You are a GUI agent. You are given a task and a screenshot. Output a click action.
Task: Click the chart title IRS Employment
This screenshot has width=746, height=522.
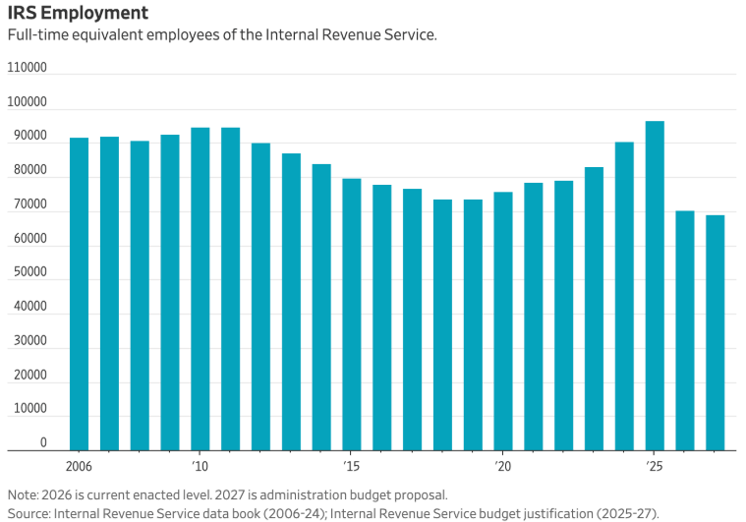click(x=79, y=13)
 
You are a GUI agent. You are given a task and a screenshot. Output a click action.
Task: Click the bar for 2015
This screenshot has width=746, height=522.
click(x=352, y=314)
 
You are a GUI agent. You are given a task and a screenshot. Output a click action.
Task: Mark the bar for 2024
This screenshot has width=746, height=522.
click(x=624, y=296)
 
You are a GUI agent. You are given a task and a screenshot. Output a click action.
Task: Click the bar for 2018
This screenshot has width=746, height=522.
click(x=442, y=324)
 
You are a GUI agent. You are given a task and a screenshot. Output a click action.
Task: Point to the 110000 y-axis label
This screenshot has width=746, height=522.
click(x=28, y=68)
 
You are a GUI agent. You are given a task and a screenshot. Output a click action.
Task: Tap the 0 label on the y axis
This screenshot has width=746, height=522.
click(x=43, y=443)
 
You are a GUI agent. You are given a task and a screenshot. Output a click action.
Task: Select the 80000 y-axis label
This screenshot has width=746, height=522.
click(x=28, y=170)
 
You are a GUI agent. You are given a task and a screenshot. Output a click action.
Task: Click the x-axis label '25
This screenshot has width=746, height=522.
click(x=653, y=465)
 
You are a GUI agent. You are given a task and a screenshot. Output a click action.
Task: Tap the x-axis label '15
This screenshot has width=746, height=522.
click(x=350, y=465)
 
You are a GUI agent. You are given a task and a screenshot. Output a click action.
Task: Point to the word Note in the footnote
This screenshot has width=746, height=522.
click(x=23, y=494)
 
